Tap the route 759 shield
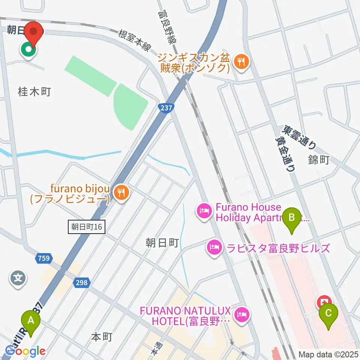[42, 258]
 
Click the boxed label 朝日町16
[87, 227]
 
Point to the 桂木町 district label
[34, 91]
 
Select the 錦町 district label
[319, 160]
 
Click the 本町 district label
[102, 337]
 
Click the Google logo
[25, 351]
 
